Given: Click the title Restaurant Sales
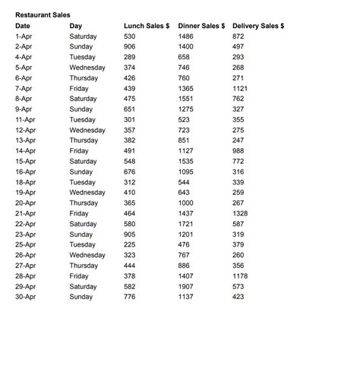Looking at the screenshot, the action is (x=43, y=15).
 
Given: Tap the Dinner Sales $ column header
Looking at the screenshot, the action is (x=201, y=26).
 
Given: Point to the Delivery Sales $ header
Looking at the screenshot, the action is (x=258, y=26).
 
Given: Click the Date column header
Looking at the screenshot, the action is (x=23, y=26).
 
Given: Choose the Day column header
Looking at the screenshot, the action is (x=75, y=26).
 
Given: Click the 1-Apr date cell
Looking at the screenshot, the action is (x=24, y=36).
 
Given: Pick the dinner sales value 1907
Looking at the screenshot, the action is (x=186, y=286).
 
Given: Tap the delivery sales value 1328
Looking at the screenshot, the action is (x=241, y=213).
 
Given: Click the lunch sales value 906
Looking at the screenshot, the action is (x=130, y=47).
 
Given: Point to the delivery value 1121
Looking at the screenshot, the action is (x=241, y=89).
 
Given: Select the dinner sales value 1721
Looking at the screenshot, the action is (x=186, y=224).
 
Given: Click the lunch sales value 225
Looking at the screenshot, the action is (x=130, y=244).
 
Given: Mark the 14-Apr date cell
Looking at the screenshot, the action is (x=25, y=151).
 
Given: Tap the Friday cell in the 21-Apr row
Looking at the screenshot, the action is (x=79, y=213).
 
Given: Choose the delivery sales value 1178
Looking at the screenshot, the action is (x=241, y=275).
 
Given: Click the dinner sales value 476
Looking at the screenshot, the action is (x=184, y=244).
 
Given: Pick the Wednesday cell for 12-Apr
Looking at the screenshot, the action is (x=87, y=131).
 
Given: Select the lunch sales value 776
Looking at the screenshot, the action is (x=130, y=297).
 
